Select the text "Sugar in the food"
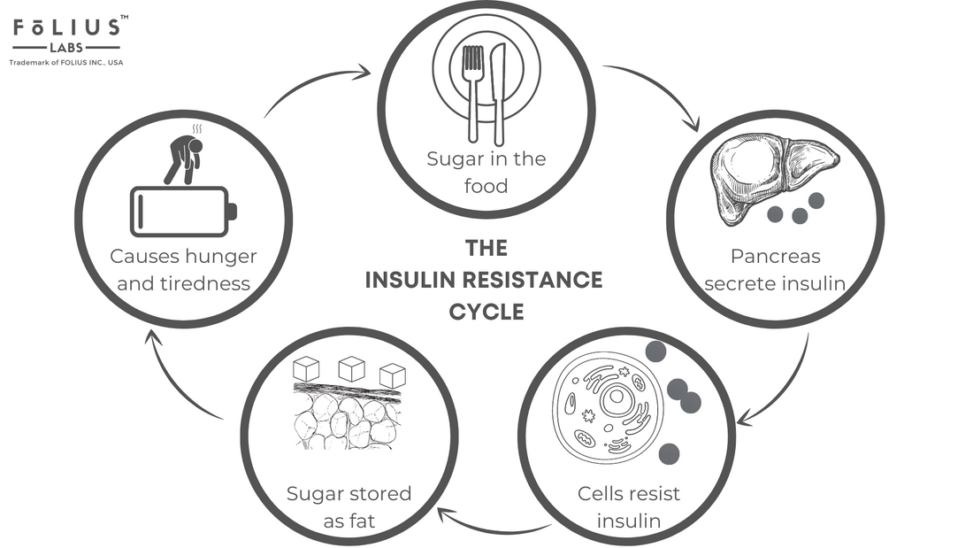point(486,172)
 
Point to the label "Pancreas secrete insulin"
point(776,270)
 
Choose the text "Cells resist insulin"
point(629,506)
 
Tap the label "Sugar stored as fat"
point(349,506)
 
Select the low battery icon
point(183,211)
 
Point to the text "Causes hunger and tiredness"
point(183,270)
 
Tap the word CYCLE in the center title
point(486,313)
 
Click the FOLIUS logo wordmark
point(66,28)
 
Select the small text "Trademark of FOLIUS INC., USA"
point(65,64)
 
